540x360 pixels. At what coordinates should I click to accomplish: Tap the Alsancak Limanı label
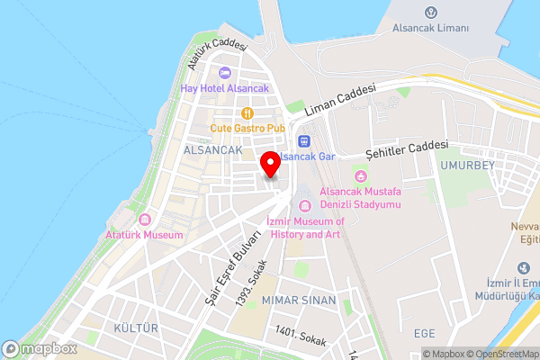coord(431,28)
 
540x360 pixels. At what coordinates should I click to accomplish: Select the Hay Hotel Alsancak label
coord(224,88)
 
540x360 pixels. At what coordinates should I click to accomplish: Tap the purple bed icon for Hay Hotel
coord(224,73)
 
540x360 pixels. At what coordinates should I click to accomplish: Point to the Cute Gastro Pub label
coord(247,128)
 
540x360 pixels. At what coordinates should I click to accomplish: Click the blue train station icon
coord(304,140)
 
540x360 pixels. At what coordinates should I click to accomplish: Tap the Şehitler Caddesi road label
coord(406,149)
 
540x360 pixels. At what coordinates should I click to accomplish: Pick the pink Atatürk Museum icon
coord(144,220)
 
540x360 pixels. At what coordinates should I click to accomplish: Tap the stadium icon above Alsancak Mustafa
coord(362,175)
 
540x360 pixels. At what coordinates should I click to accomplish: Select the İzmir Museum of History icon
coord(304,207)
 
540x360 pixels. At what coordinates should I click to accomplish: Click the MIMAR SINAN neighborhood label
coord(299,299)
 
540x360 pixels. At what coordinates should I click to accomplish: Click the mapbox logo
coord(40,348)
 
